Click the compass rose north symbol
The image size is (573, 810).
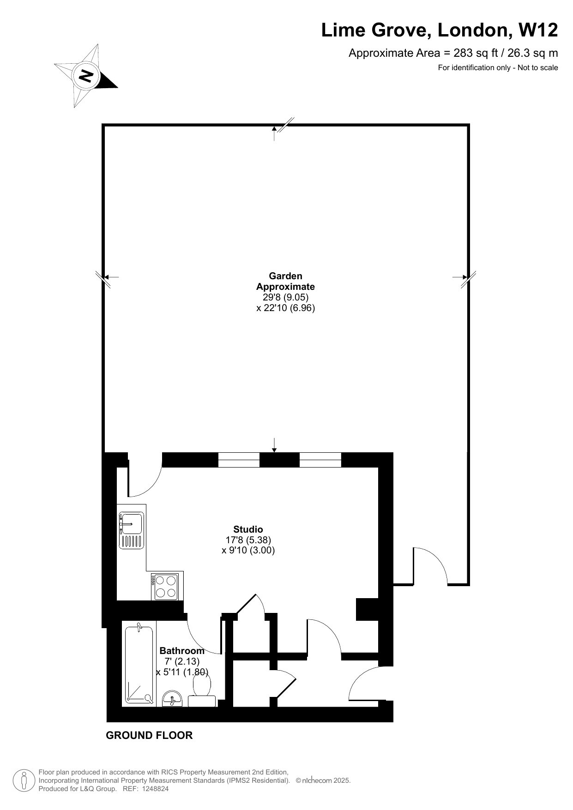(86, 75)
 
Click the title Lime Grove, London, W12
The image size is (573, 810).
(440, 30)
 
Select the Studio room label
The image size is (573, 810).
(248, 529)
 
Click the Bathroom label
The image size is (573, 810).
(182, 651)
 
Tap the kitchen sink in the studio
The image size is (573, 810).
(132, 530)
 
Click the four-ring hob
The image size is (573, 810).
(165, 587)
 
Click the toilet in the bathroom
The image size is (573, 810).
(202, 690)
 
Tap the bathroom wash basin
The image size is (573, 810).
(173, 699)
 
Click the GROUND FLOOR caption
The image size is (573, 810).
(149, 735)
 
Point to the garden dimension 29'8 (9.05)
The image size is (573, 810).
(285, 297)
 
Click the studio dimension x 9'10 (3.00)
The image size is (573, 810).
(248, 550)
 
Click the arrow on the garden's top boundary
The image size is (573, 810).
(274, 133)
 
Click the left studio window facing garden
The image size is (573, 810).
(239, 460)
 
